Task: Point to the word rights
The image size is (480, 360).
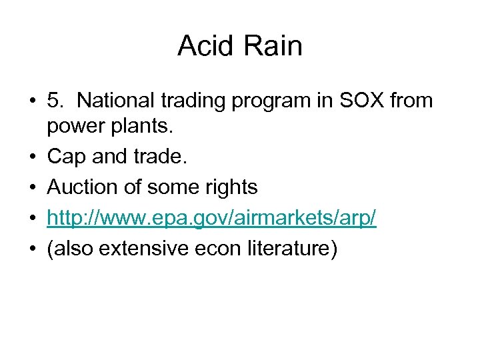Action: [230, 188]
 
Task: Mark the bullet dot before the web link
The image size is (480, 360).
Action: [32, 219]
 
